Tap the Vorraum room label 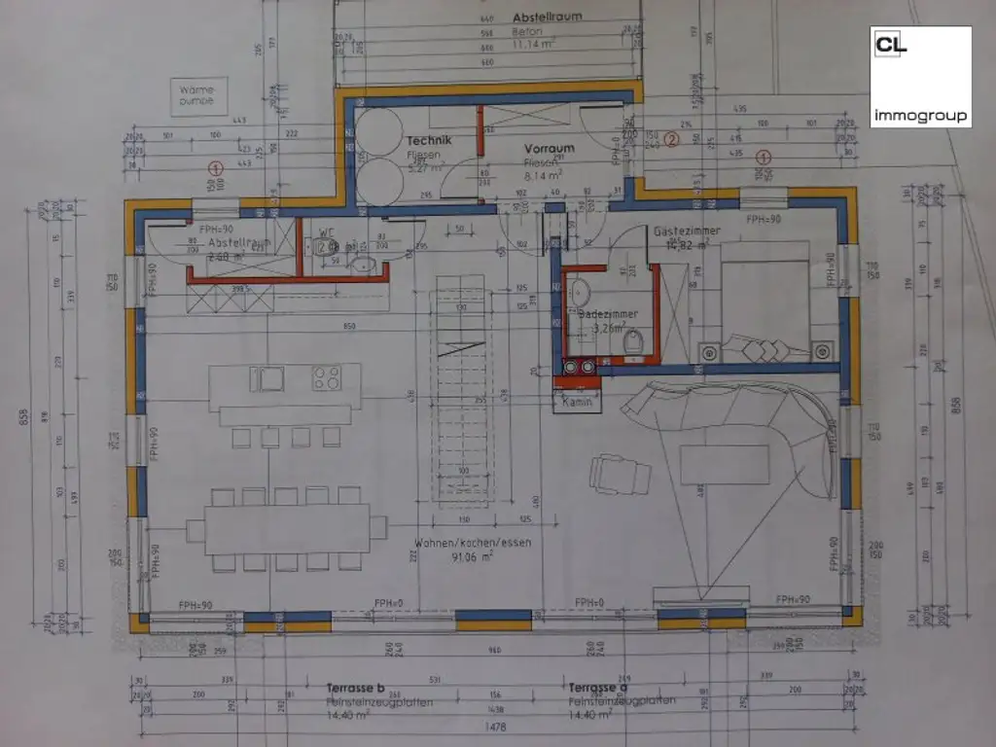pyautogui.click(x=552, y=149)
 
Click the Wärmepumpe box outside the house pyautogui.click(x=197, y=94)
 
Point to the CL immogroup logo pyautogui.click(x=919, y=76)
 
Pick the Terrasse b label pyautogui.click(x=356, y=687)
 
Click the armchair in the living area pyautogui.click(x=620, y=475)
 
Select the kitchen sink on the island pyautogui.click(x=266, y=377)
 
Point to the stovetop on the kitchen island pyautogui.click(x=326, y=377)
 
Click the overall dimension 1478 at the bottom pyautogui.click(x=497, y=725)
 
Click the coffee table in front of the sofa pyautogui.click(x=724, y=464)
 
